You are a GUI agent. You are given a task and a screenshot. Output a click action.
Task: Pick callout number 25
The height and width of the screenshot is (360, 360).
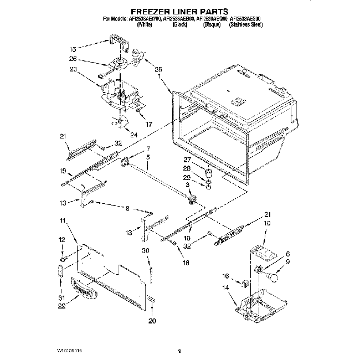pyautogui.click(x=158, y=70)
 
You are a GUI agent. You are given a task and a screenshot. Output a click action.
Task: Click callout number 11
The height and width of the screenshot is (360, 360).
pyautogui.click(x=61, y=221)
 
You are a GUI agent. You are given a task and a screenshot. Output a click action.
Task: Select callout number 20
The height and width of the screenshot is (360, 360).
pyautogui.click(x=153, y=321)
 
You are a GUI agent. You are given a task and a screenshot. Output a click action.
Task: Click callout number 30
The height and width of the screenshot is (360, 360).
pyautogui.click(x=145, y=251)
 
